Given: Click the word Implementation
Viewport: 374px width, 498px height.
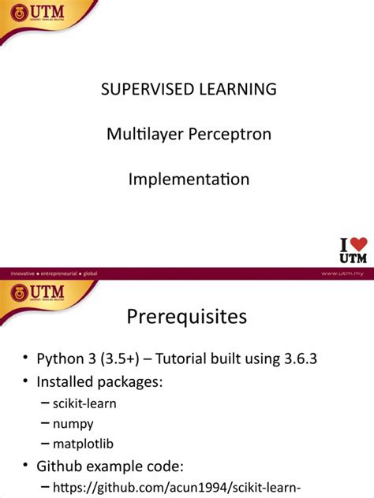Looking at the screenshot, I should pyautogui.click(x=189, y=179).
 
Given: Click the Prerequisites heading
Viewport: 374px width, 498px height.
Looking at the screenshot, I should pyautogui.click(x=187, y=317).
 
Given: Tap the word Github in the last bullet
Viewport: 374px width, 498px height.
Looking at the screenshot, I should pyautogui.click(x=61, y=466).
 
